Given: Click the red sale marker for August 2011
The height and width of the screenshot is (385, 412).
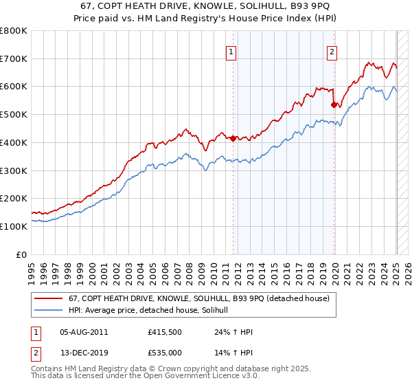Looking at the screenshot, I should click(x=233, y=138).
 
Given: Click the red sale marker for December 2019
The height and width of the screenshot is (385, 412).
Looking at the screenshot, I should click(x=334, y=105).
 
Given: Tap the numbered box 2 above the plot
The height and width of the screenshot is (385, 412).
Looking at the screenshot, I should click(x=332, y=51).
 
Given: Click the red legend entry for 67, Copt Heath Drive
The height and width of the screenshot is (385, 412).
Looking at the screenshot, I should click(x=199, y=298).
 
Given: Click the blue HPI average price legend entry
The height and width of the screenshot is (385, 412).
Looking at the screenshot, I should click(x=152, y=311).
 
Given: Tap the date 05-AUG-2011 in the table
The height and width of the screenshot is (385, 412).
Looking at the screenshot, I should click(x=84, y=332).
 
